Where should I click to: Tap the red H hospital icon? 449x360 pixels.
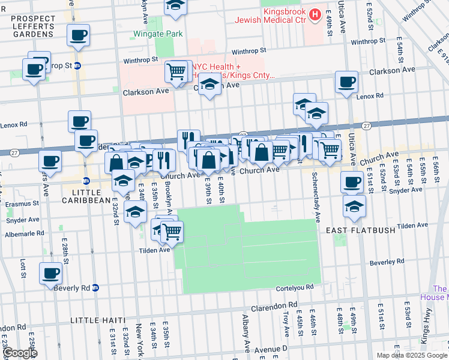tap(315, 13)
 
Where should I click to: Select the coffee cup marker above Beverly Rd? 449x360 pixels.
tap(50, 273)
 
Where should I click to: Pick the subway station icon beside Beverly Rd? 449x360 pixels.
tap(95, 288)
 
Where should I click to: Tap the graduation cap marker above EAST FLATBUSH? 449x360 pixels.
tap(354, 206)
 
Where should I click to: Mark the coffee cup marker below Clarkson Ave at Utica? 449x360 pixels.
tap(346, 82)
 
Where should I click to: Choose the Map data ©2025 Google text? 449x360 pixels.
tap(411, 355)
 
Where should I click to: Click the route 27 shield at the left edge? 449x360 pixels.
tap(14, 152)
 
